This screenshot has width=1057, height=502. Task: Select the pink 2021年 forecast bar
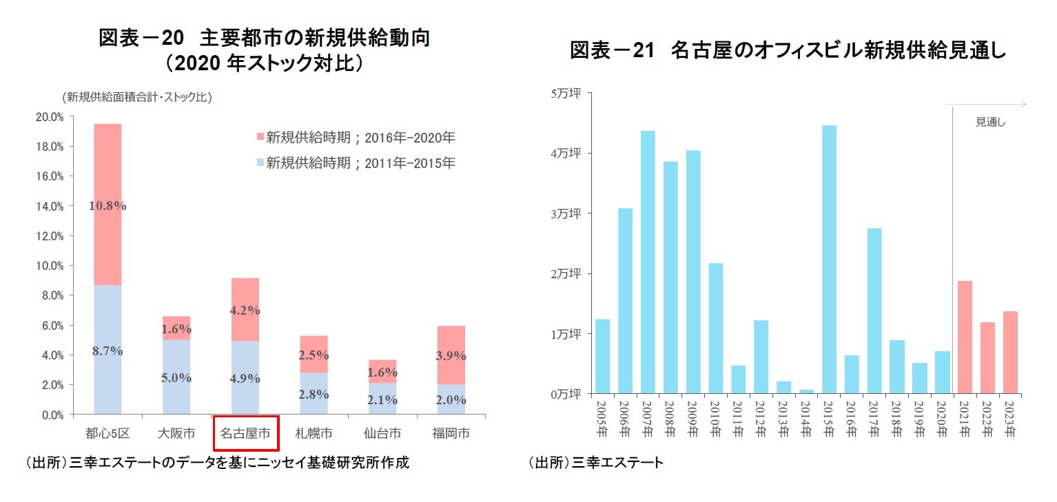pyautogui.click(x=964, y=337)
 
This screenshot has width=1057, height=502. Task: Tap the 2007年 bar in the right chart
pyautogui.click(x=648, y=262)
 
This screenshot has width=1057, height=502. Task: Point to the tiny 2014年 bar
pyautogui.click(x=807, y=392)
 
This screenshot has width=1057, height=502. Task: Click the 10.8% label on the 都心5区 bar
pyautogui.click(x=107, y=205)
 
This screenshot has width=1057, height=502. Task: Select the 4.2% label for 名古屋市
pyautogui.click(x=245, y=311)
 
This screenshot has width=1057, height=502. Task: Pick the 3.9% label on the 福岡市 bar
pyautogui.click(x=451, y=356)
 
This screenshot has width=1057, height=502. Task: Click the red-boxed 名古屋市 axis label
pyautogui.click(x=245, y=434)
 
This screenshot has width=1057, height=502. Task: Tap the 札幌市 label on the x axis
pyautogui.click(x=314, y=434)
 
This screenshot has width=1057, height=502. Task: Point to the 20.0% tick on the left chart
pyautogui.click(x=49, y=117)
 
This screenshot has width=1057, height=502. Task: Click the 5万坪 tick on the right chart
pyautogui.click(x=567, y=93)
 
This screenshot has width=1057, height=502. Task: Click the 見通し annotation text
pyautogui.click(x=990, y=123)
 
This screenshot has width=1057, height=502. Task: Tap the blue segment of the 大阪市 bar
pyautogui.click(x=176, y=377)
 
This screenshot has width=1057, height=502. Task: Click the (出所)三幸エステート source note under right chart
pyautogui.click(x=595, y=463)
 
